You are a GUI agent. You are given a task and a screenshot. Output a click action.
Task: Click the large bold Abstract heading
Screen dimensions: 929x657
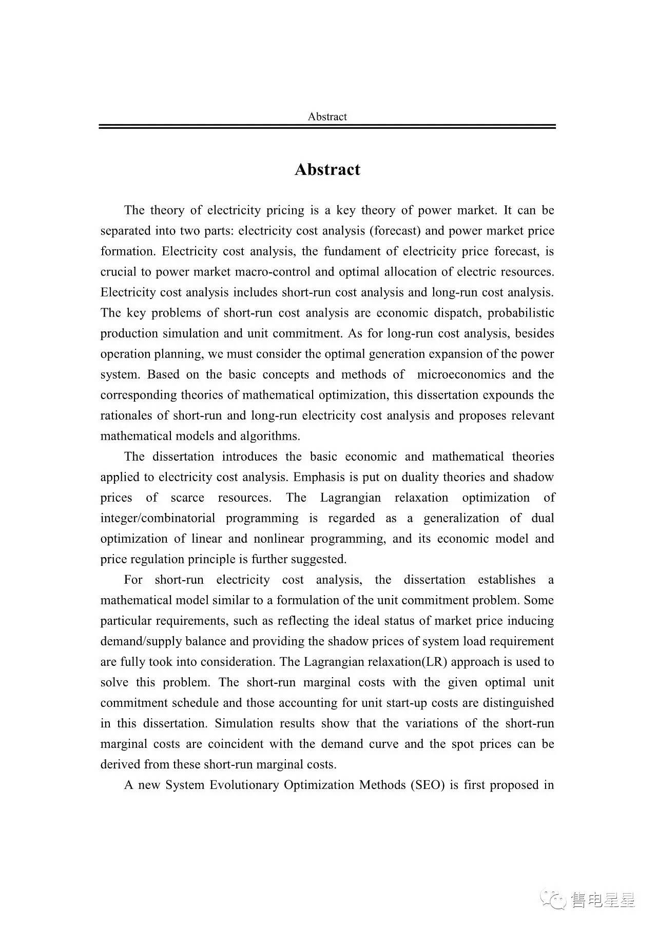(x=327, y=170)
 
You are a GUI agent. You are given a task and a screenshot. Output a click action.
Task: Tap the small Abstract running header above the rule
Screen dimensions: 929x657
(x=327, y=116)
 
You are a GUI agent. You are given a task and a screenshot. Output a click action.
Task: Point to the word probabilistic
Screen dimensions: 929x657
(x=521, y=313)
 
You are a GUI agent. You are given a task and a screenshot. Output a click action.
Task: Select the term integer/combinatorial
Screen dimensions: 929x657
(x=158, y=518)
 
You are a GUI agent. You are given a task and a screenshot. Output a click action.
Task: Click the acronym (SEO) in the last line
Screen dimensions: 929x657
(x=427, y=785)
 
